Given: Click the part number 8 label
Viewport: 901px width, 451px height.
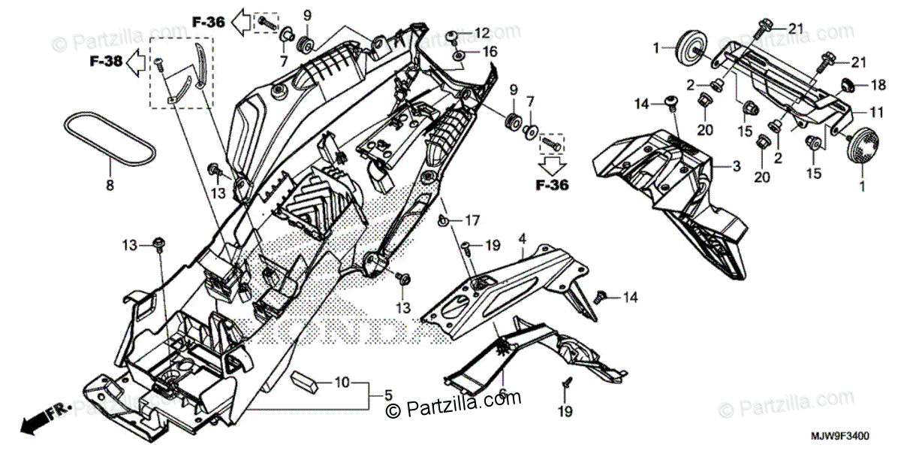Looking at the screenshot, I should click(110, 184).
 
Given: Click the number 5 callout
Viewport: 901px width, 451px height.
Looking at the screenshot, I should click(388, 395).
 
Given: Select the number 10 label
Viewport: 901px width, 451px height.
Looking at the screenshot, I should click(342, 383).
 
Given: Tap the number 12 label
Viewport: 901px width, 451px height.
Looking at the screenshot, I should click(481, 33).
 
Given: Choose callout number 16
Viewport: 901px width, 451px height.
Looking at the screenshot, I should click(490, 52).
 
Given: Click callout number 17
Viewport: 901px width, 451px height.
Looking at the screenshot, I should click(471, 221).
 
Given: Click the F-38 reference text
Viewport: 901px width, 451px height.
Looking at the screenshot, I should click(106, 62).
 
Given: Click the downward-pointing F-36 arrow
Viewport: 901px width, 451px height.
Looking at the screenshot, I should click(552, 164).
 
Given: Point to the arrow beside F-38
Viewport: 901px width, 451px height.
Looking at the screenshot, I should click(136, 63).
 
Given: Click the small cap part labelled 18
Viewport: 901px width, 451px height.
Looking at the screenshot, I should click(847, 83).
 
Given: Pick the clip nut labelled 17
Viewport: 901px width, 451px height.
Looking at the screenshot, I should click(446, 221).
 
